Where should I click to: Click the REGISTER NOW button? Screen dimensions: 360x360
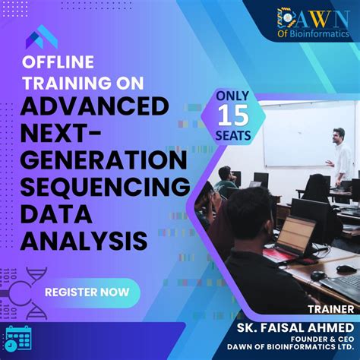pyautogui.click(x=81, y=291)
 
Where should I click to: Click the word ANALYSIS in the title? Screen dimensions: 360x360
pyautogui.click(x=84, y=241)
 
